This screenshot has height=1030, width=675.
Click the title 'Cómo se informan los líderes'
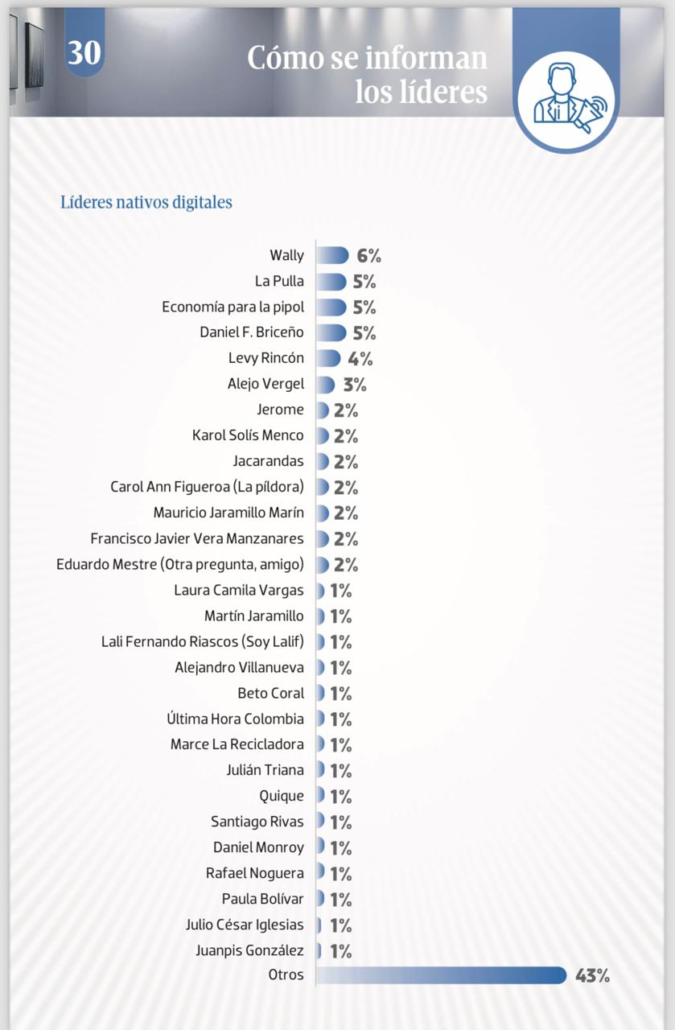coord(367,74)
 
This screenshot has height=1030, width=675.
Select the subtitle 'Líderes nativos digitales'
coord(146,202)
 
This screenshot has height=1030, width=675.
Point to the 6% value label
coord(368,256)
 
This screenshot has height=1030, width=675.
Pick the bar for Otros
coord(441,975)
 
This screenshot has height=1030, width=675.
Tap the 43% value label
coord(592,976)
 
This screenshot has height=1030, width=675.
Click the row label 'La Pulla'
coord(279,282)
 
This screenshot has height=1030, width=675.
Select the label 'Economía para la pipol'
coord(233,307)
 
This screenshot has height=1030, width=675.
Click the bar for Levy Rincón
coord(328,359)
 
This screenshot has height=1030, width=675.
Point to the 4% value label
coord(360,359)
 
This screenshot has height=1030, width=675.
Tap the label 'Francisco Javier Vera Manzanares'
coord(197,538)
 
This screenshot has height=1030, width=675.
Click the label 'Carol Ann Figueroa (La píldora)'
coord(207,487)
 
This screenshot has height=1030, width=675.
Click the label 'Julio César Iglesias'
coord(245,925)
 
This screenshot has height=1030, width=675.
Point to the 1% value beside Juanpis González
coord(340,951)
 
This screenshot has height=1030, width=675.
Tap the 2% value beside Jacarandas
coord(346,462)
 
